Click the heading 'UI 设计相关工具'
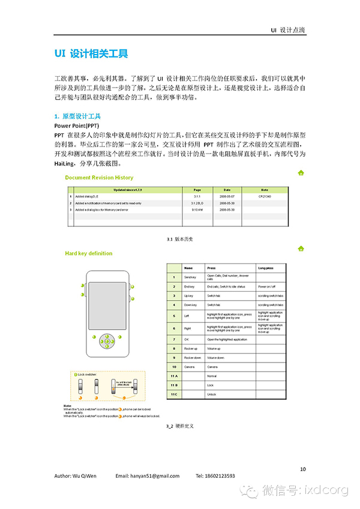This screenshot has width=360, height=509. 91,53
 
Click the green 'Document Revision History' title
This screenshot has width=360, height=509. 99,178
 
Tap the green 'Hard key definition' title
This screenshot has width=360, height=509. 88,253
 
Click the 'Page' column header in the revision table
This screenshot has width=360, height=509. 197,189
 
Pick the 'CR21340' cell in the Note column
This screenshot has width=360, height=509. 265,196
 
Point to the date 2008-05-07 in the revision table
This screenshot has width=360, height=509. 227,196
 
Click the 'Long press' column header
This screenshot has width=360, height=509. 266,268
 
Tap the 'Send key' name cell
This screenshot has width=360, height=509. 190,277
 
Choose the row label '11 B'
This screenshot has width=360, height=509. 174,385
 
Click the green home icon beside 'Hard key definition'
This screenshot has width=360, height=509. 300,248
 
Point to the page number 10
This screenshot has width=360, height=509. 302,469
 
